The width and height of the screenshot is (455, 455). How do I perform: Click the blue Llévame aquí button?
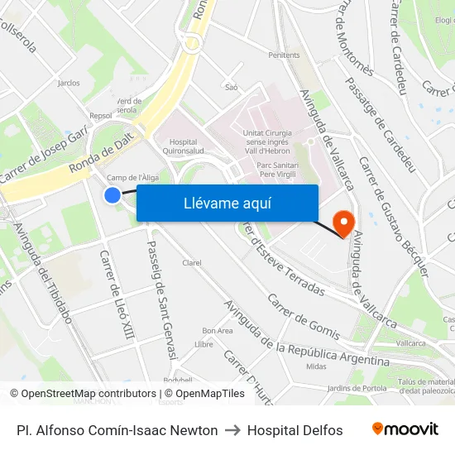[x=227, y=203]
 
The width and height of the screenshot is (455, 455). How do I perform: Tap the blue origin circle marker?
[x=113, y=195]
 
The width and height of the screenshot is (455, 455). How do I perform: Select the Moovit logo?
[x=405, y=429]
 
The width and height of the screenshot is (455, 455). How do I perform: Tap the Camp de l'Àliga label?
[x=132, y=177]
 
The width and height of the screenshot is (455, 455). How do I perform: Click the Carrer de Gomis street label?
[x=304, y=316]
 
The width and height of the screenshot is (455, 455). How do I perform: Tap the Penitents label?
[x=284, y=55]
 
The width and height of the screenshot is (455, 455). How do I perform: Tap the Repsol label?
[x=100, y=117]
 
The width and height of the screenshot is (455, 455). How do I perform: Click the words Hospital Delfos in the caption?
[x=295, y=430]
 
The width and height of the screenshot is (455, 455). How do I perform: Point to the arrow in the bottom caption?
[x=232, y=430]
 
